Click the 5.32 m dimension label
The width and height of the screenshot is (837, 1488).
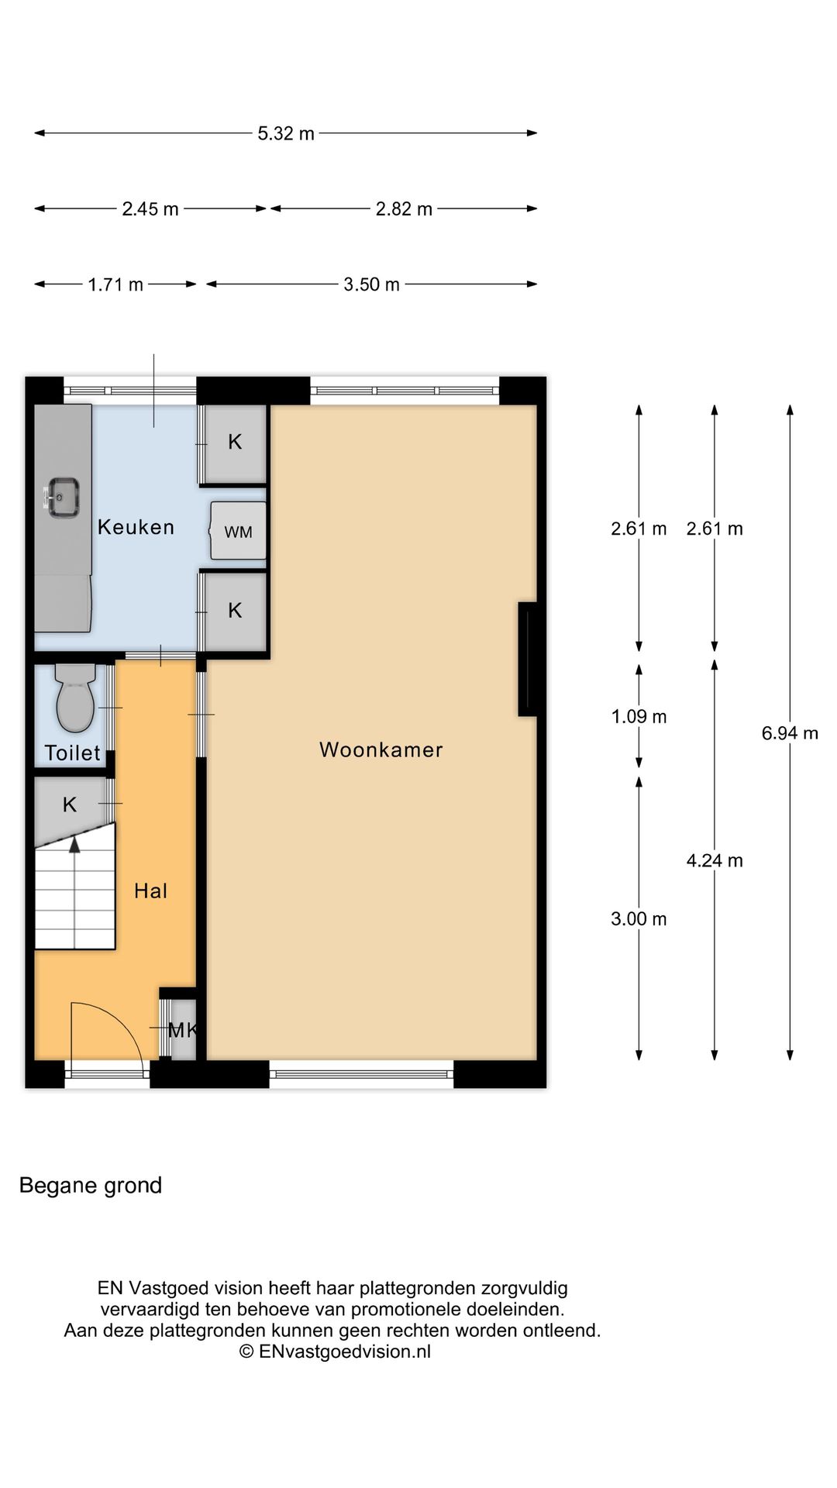[x=286, y=133]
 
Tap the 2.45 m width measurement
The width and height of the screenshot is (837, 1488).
[x=150, y=208]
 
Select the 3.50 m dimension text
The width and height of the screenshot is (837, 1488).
[x=372, y=284]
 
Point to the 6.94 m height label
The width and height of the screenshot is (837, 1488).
[x=790, y=732]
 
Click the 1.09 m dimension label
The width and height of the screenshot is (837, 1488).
[x=639, y=716]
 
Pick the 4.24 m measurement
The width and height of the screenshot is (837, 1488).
[x=715, y=860]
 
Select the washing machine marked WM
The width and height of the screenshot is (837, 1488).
[x=239, y=531]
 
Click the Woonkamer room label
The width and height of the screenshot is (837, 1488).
[x=381, y=749]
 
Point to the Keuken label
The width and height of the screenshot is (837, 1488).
[x=136, y=527]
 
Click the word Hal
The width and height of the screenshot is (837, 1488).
[x=150, y=890]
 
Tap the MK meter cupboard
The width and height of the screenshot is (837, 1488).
[x=183, y=1030]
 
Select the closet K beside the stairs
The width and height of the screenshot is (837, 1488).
[x=70, y=804]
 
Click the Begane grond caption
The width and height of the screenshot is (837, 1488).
[x=91, y=1186]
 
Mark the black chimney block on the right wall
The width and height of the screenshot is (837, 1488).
[x=528, y=659]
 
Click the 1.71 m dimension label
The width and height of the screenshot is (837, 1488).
[x=115, y=284]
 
